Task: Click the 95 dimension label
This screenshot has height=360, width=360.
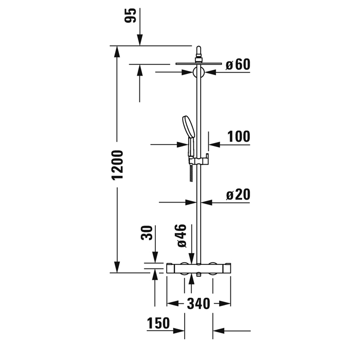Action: [130, 15]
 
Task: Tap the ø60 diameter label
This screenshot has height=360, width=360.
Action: [238, 64]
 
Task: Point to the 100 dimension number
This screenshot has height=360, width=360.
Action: [239, 137]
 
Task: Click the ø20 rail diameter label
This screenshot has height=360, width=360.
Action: [238, 195]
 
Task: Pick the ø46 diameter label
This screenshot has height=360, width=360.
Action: [182, 236]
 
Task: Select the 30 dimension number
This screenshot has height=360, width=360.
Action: [147, 233]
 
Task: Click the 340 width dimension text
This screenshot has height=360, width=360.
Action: [199, 303]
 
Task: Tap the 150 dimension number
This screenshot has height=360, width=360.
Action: [158, 323]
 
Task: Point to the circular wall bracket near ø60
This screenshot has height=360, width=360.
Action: [199, 72]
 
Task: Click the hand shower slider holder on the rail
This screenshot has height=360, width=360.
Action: [199, 160]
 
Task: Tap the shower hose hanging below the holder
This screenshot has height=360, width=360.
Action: [191, 173]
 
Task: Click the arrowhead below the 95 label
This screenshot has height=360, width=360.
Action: [140, 40]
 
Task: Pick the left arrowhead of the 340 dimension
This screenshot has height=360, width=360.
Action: [173, 303]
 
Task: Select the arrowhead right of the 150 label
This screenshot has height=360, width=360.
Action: [178, 331]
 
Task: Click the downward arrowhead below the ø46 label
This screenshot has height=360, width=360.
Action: [191, 258]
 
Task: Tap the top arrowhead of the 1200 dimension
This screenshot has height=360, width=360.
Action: [117, 51]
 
